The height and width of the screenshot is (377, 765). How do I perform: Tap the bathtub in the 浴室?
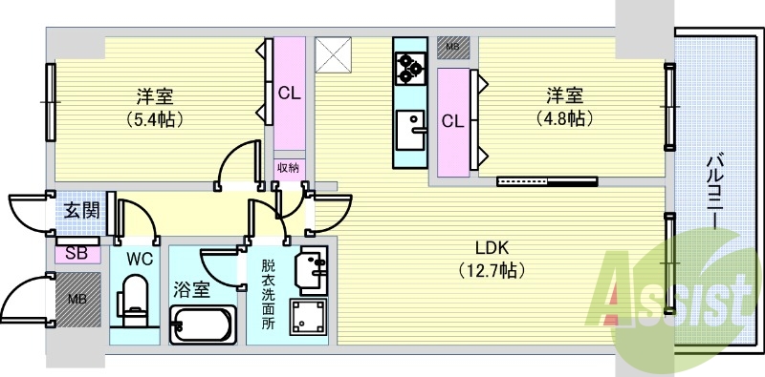click(x=203, y=325)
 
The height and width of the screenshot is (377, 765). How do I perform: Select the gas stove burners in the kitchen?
click(x=410, y=69)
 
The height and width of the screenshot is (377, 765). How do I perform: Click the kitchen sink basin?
click(x=410, y=130)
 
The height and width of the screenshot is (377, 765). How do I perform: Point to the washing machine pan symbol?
click(x=308, y=317)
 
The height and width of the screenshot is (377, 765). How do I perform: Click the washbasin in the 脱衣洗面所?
click(x=313, y=270)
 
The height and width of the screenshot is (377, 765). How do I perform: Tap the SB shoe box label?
click(x=77, y=254)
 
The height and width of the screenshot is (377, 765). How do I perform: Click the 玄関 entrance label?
click(x=82, y=211)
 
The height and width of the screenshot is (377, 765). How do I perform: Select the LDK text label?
click(x=492, y=248)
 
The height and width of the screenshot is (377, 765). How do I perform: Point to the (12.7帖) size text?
click(x=492, y=269)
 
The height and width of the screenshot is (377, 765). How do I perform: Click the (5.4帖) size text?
click(x=155, y=118)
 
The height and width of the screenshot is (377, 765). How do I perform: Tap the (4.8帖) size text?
click(x=564, y=118)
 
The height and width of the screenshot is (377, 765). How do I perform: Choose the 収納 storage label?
click(x=290, y=169)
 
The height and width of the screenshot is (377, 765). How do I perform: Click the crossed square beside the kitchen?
click(x=333, y=55)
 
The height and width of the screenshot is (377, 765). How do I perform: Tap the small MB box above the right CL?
click(x=453, y=48)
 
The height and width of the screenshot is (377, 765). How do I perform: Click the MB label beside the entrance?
click(x=76, y=299)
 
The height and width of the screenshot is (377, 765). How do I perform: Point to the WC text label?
click(x=140, y=259)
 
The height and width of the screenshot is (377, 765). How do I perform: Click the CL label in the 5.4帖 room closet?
click(x=290, y=93)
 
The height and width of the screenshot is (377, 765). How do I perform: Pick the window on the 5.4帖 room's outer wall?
click(x=51, y=102)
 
